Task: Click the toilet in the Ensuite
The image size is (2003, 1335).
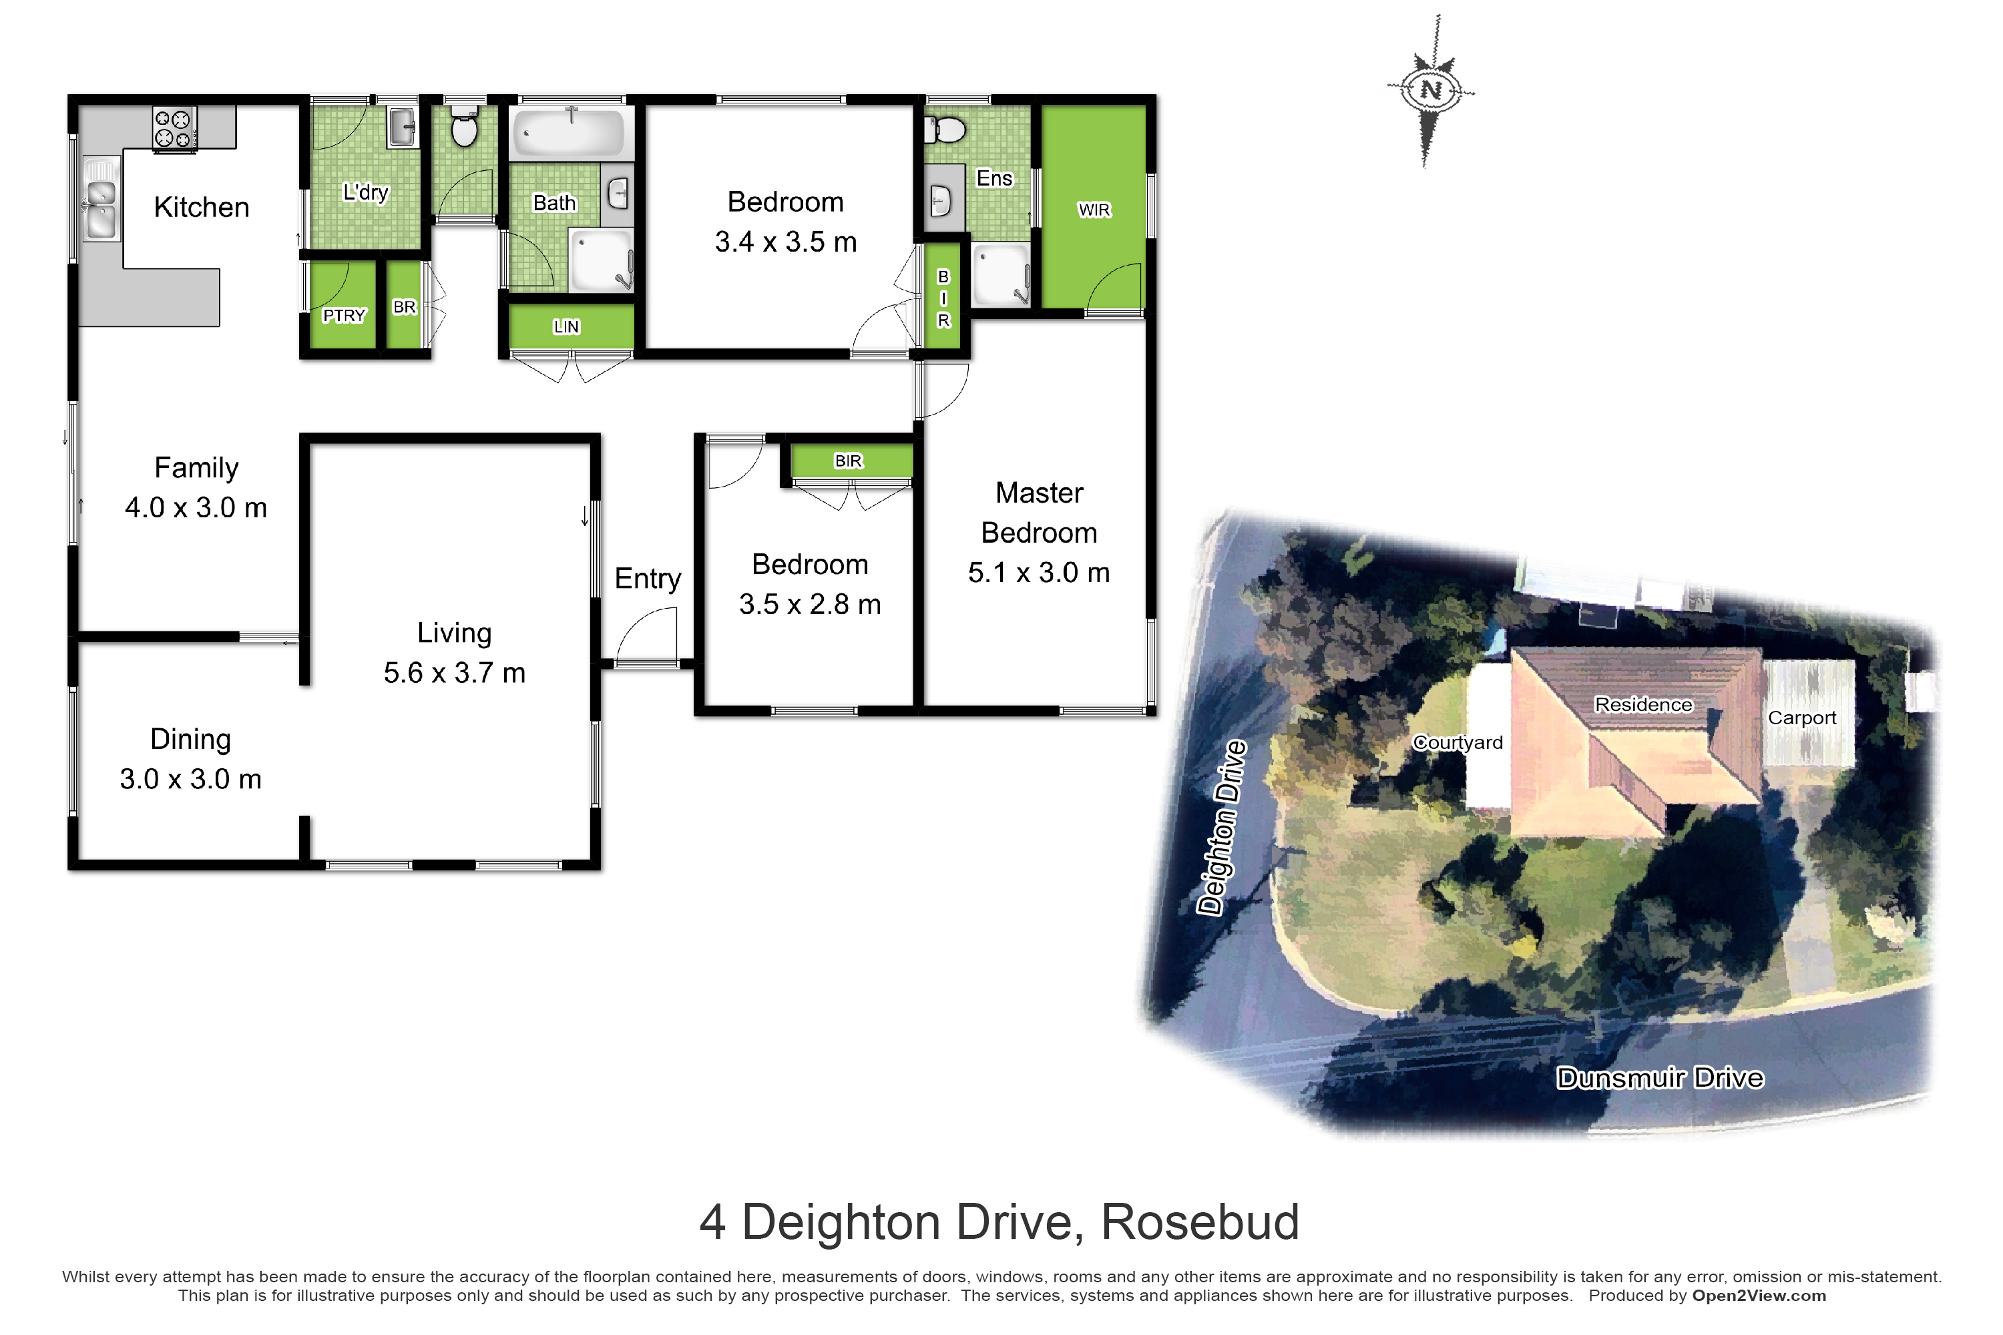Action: tap(945, 130)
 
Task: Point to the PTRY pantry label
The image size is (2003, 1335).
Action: tap(344, 316)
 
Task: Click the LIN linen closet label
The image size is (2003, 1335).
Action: tap(566, 327)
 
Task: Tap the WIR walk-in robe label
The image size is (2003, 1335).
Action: tap(1094, 210)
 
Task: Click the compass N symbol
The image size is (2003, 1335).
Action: tap(1431, 90)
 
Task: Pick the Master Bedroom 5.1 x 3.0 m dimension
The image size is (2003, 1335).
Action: tap(1039, 573)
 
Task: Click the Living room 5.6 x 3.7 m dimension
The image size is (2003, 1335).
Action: tap(454, 674)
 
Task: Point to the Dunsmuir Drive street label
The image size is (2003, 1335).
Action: tap(1660, 1079)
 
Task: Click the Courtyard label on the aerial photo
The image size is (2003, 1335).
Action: tap(1458, 742)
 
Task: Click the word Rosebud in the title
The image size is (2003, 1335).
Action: tap(1200, 1223)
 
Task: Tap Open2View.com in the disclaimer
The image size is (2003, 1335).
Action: tap(1759, 1296)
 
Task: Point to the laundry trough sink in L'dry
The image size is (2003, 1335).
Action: tap(402, 127)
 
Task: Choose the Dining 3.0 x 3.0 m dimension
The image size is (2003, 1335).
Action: tap(191, 780)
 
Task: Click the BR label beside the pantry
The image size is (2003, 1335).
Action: tap(405, 307)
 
